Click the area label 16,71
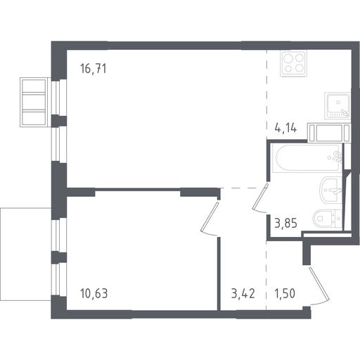point(94,69)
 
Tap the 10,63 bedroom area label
point(94,293)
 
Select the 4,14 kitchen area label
point(285,128)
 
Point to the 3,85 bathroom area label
point(285,223)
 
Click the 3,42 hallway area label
point(243,293)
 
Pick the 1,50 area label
point(285,293)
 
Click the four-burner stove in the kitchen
point(293,63)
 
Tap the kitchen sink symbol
point(337,105)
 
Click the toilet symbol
point(327,219)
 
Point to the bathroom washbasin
point(330,191)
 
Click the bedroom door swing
point(210,219)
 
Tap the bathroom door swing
point(260,199)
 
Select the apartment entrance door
point(319,286)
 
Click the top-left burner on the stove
point(288,58)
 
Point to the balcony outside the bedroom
point(25,254)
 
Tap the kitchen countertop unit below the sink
point(329,133)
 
